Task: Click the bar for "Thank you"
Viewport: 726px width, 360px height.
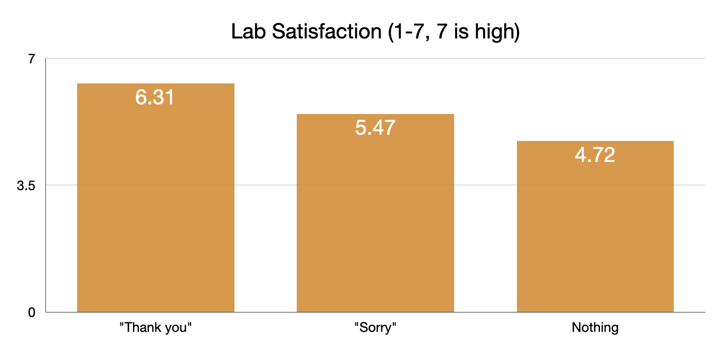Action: [155, 211]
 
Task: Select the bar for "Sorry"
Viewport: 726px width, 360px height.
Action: [375, 222]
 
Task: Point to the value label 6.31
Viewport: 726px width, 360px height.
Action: [155, 98]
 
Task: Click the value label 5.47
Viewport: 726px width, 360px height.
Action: [375, 128]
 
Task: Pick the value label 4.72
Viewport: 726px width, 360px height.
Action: [595, 155]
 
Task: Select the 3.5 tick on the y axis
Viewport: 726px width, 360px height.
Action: [26, 185]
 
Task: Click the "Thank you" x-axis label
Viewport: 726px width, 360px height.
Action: [155, 328]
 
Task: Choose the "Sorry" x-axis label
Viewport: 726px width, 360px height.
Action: [375, 328]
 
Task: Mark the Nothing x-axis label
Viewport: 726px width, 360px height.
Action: [595, 328]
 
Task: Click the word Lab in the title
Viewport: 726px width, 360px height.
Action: [248, 32]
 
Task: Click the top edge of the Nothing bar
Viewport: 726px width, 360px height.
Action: [595, 141]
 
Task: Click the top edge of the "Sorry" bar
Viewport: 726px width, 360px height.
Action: [375, 115]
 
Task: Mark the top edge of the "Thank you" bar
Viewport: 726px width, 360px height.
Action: [155, 84]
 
